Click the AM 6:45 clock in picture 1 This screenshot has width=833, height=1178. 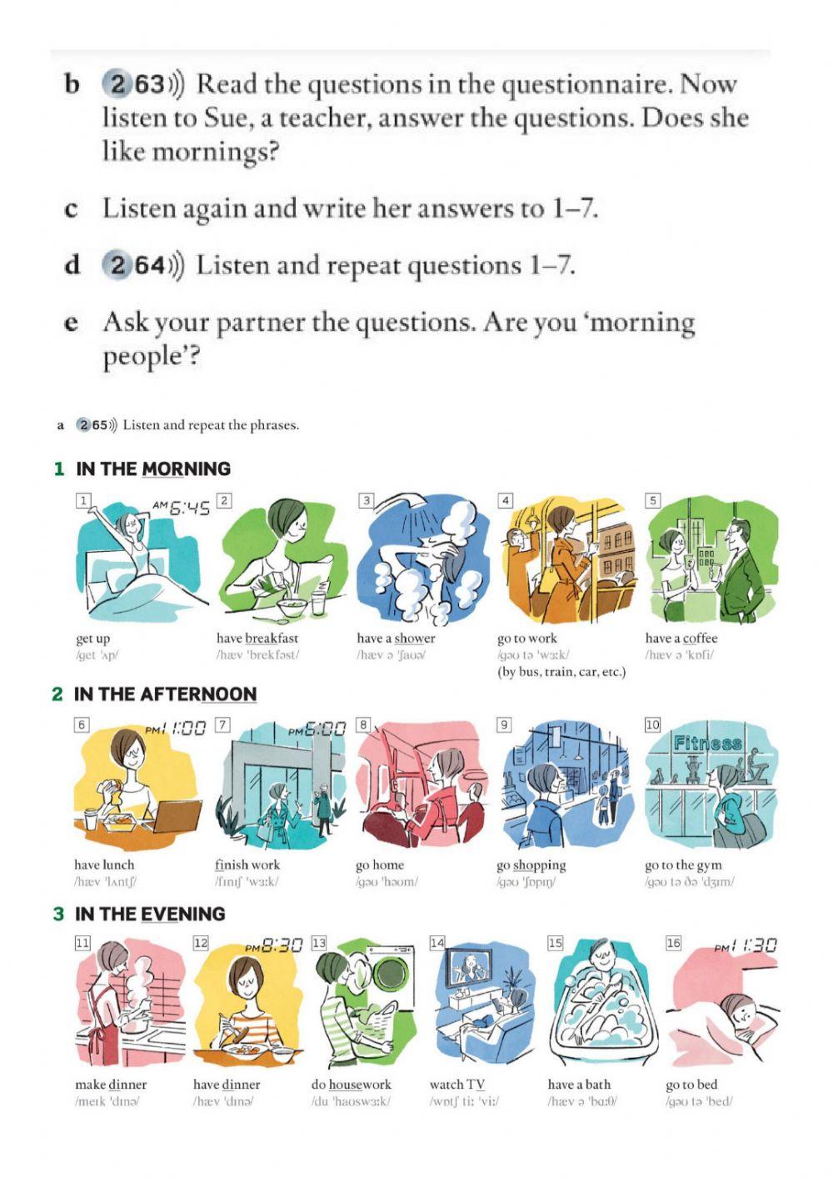pos(182,507)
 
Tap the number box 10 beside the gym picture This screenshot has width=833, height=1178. pos(652,724)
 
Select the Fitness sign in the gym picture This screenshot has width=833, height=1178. pos(707,743)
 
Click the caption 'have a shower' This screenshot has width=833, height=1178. pos(396,639)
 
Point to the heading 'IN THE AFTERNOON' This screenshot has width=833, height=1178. pos(165,694)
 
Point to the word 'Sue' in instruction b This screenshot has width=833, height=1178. pos(226,118)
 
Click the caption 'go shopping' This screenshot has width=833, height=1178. pos(531,865)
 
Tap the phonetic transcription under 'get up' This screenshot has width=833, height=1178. pos(97,655)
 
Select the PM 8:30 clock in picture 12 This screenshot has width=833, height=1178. pos(273,945)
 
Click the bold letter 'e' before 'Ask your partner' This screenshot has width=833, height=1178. pos(72,323)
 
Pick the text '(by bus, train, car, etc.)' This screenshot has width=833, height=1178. pos(561,672)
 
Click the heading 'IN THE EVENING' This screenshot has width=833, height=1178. pos(150,914)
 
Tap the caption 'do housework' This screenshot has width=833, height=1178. pos(351,1085)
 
